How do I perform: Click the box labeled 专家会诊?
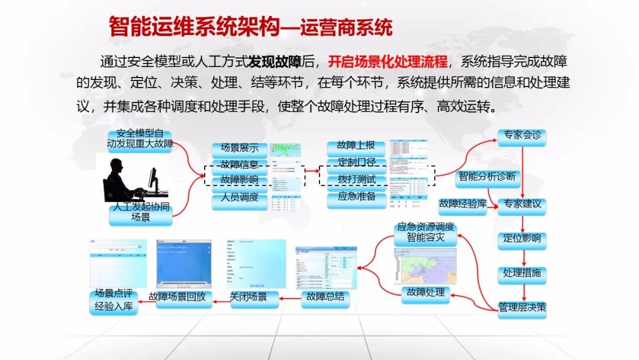tap(521, 137)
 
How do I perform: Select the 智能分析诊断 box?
tap(487, 176)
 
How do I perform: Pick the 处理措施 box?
tap(521, 274)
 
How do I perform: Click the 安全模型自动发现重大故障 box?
tap(140, 140)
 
